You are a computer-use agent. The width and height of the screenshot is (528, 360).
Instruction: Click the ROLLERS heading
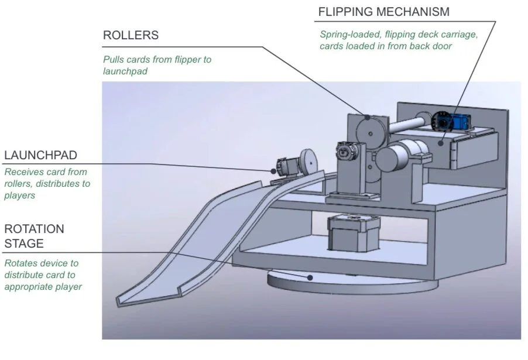131,35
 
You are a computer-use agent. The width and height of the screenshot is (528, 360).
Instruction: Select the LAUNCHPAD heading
40,155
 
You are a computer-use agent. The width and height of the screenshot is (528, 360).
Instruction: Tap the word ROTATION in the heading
35,229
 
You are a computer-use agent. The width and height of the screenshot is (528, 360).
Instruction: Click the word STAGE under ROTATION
24,243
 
